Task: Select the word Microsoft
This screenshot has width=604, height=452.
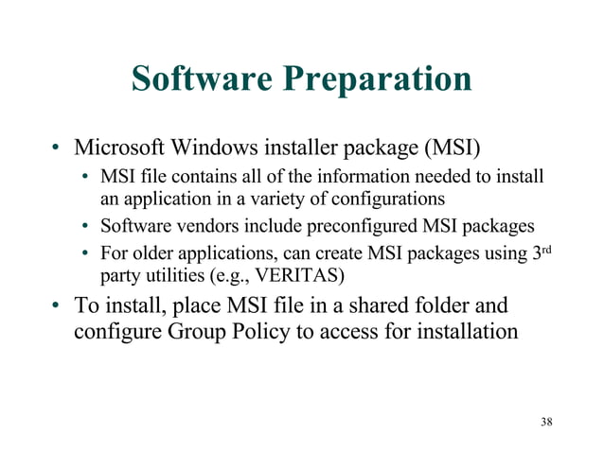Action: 125,148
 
